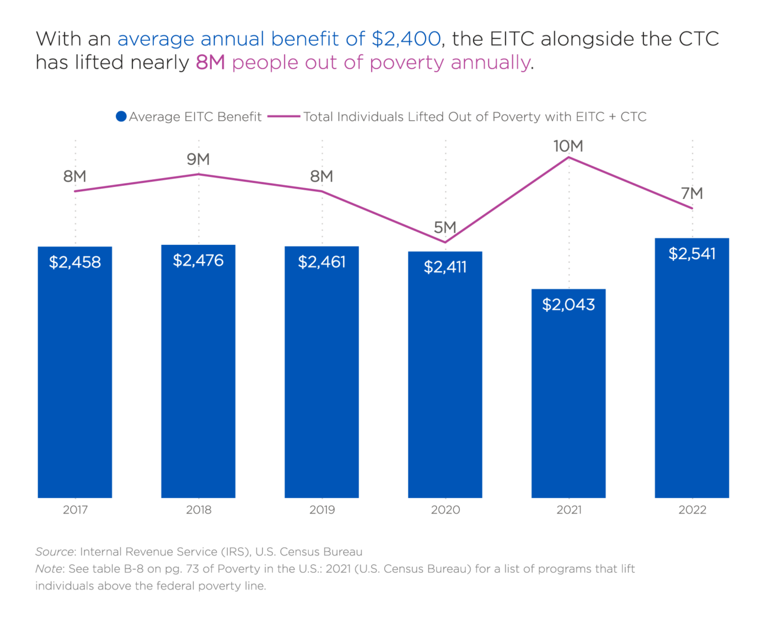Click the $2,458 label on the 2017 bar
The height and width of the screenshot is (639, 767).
pos(75,262)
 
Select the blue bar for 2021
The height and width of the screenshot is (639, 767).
pos(568,402)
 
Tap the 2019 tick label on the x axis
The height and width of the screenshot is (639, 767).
pos(322,510)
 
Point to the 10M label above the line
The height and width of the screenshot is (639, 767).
pos(568,146)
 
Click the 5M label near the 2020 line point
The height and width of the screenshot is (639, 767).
pos(445,227)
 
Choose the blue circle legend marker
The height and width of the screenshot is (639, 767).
pos(121,117)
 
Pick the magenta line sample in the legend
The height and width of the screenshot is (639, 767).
pos(283,117)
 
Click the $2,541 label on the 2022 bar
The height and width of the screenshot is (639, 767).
pos(692,254)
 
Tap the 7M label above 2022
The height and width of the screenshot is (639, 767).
pos(692,193)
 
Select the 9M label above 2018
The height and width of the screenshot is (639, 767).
pos(198,159)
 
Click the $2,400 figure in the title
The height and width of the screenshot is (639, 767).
pos(406,39)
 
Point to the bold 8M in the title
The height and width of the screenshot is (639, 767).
pos(211,63)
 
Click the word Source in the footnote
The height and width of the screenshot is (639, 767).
pos(54,552)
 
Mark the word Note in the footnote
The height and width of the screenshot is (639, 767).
pos(49,569)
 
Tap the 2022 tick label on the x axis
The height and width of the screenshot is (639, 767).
pos(692,510)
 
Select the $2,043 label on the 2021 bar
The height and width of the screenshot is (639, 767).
pos(568,305)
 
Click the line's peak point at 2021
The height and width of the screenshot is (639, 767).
pos(569,157)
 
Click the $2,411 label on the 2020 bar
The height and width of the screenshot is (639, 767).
pos(445,267)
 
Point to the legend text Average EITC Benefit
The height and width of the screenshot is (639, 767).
pos(195,117)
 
